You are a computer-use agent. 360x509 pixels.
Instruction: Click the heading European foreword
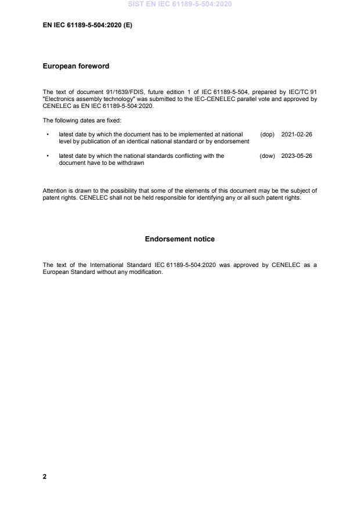(x=76, y=66)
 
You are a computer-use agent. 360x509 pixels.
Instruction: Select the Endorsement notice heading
(x=179, y=239)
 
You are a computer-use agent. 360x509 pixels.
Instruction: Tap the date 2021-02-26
(x=297, y=134)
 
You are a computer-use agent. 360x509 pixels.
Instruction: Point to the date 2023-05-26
(x=297, y=156)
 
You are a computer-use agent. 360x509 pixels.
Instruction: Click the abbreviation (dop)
(x=267, y=134)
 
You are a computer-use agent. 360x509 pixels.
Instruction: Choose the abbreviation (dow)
(x=267, y=156)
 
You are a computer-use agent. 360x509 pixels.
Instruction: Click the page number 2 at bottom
(x=45, y=476)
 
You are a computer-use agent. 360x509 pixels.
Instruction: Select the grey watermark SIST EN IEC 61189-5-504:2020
(x=180, y=4)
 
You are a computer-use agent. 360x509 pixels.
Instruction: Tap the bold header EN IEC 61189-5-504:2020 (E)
(x=88, y=25)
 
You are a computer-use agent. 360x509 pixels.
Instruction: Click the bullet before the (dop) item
(x=47, y=134)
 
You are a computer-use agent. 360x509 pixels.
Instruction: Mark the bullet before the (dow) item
(x=47, y=156)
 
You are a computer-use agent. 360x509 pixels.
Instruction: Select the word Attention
(x=54, y=190)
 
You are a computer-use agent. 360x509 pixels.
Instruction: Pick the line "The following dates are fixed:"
(x=82, y=120)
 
